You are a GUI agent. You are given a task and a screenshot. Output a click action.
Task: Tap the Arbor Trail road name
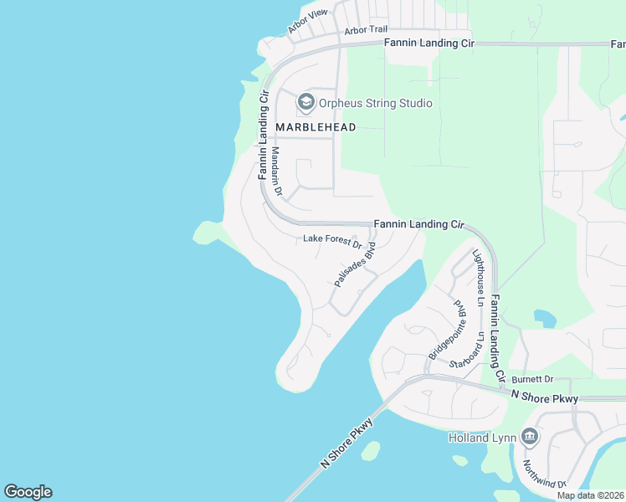coord(366,30)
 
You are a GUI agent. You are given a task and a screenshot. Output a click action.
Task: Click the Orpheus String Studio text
coord(376,104)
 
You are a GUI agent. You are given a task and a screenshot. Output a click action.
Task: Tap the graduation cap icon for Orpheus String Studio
coord(305,103)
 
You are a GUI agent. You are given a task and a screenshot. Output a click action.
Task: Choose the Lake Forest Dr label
coord(331,241)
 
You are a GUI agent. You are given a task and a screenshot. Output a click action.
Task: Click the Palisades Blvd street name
coord(356,267)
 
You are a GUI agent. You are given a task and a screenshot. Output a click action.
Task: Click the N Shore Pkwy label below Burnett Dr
coord(544,397)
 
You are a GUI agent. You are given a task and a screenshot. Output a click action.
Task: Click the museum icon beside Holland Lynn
coord(529,437)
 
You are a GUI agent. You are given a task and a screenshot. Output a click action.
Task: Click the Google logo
coord(28,492)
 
